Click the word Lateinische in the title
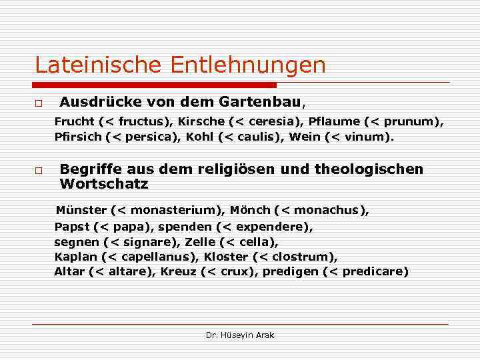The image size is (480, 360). tap(99, 65)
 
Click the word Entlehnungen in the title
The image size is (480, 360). tap(248, 65)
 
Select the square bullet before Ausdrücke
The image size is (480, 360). tap(39, 105)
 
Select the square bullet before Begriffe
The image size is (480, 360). tap(39, 171)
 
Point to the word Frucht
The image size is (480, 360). tap(74, 122)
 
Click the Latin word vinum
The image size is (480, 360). tap(373, 137)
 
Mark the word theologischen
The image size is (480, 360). tap(375, 169)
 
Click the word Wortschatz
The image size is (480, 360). tap(104, 184)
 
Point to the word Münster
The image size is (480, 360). tap(81, 211)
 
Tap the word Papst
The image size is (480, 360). tap(71, 227)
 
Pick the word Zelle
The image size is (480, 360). tap(201, 242)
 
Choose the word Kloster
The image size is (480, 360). tap(226, 257)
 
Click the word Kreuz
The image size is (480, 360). tap(178, 272)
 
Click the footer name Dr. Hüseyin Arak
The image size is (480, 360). tap(240, 335)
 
